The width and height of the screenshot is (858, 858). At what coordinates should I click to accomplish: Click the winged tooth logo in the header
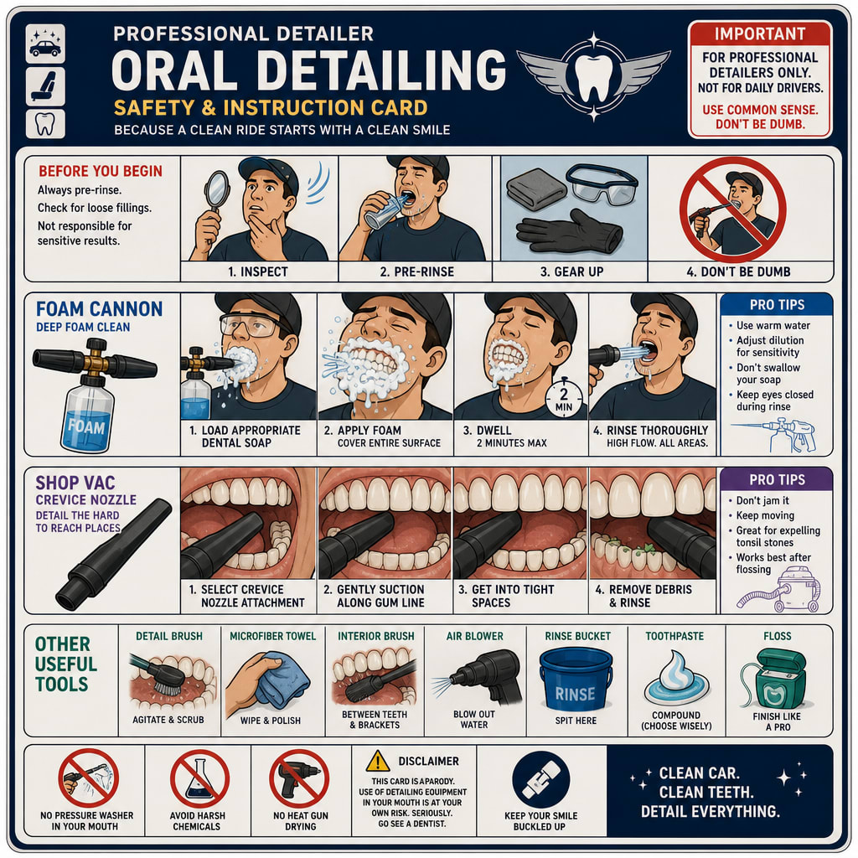[594, 76]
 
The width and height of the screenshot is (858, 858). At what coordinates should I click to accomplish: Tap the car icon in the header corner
[45, 44]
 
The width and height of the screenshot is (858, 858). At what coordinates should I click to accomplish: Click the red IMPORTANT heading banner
[760, 34]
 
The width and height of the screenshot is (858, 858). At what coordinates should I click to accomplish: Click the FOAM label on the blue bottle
[86, 426]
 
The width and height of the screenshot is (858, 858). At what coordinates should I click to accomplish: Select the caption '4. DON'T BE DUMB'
[738, 271]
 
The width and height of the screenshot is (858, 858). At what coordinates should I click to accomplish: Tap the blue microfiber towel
[282, 680]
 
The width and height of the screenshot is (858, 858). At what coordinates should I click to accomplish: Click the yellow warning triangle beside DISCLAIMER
[378, 761]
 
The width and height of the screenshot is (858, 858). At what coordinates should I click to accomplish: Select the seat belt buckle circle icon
[541, 779]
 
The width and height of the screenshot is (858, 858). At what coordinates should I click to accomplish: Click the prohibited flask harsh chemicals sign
[199, 778]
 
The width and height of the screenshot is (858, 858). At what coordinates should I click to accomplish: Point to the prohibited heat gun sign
[299, 778]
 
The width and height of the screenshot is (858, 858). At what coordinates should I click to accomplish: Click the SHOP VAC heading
[75, 483]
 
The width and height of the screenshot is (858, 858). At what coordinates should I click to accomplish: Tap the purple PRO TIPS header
[777, 479]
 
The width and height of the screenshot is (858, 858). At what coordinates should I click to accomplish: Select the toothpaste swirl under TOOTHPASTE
[676, 677]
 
